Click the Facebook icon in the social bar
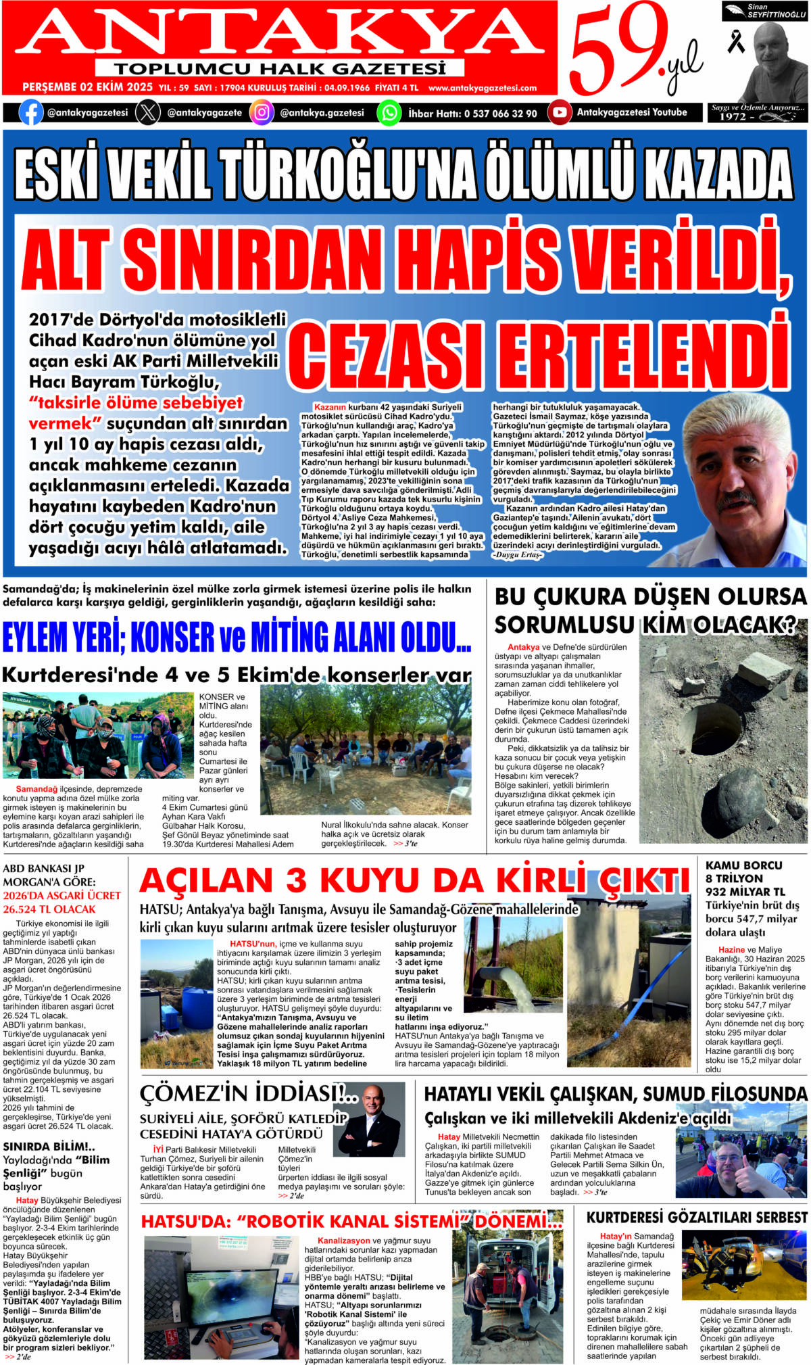click(31, 112)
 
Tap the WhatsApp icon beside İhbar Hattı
click(389, 112)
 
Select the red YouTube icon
click(559, 112)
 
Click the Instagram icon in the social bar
click(262, 112)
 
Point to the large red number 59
click(618, 51)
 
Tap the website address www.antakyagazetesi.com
click(483, 88)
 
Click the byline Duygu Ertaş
click(518, 555)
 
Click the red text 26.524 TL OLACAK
click(49, 909)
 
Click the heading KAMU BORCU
click(743, 865)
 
